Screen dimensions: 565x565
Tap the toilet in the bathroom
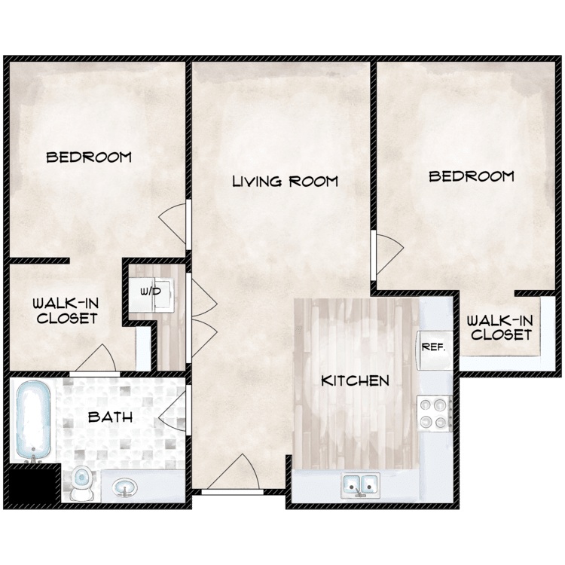pos(82,483)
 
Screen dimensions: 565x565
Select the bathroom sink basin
pos(125,487)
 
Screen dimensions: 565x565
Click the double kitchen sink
pos(360,485)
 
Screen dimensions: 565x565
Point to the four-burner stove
pos(434,413)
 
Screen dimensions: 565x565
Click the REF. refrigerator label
pos(433,347)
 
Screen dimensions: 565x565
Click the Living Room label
pos(285,182)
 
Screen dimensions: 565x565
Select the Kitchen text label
pos(355,381)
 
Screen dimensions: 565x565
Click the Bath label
pos(110,417)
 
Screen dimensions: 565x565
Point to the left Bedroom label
pos(89,157)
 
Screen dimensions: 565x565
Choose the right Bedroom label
pos(472,176)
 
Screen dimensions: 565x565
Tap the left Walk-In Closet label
pos(66,310)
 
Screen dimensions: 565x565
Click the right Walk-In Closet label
pos(501,328)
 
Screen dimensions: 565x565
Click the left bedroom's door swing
pos(173,224)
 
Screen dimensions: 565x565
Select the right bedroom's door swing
pos(389,252)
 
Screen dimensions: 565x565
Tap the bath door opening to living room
pos(173,411)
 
